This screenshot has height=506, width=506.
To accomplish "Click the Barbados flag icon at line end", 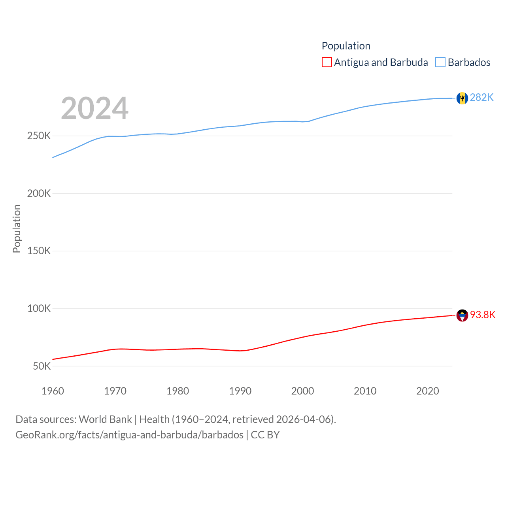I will [x=462, y=98].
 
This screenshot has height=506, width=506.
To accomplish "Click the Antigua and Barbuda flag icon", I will [x=462, y=315].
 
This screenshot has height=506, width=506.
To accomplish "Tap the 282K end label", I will [x=481, y=97].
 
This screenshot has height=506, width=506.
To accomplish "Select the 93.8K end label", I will [x=482, y=315].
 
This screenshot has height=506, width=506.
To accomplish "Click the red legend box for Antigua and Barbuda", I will [x=327, y=62].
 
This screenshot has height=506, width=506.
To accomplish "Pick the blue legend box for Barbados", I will [x=440, y=62].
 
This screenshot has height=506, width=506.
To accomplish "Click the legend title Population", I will [x=346, y=46].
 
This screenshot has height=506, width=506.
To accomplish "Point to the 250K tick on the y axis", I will [x=39, y=136].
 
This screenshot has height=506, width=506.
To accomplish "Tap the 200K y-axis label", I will [x=39, y=194].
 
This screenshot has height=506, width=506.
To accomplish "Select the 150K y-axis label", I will [x=39, y=251].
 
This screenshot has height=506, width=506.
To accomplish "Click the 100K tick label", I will [x=39, y=308].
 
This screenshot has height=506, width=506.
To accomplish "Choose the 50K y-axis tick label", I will [x=42, y=366].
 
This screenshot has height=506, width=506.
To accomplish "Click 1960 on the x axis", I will [x=53, y=391].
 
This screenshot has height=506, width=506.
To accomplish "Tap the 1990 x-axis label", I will [x=240, y=391].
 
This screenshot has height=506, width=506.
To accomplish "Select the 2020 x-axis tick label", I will [x=427, y=391].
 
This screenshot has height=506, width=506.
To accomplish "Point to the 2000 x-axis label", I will [x=302, y=391].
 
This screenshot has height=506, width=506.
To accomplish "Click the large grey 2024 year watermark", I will [x=94, y=108].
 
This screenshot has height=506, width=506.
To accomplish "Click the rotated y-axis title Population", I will [x=17, y=228].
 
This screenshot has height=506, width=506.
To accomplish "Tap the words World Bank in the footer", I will [x=105, y=419].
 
